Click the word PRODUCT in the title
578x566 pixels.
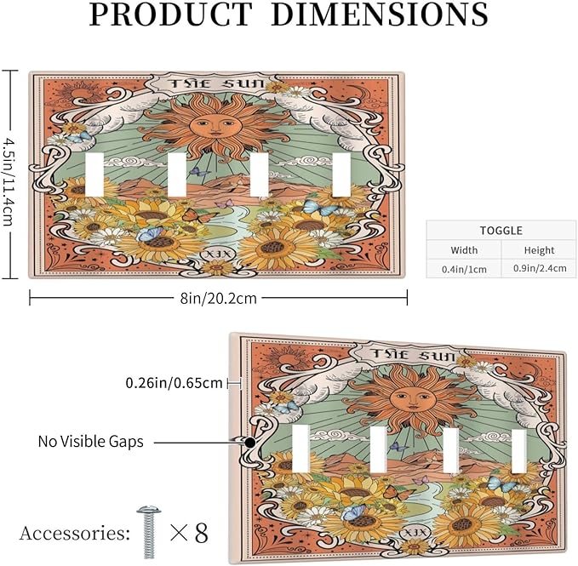(x=170, y=14)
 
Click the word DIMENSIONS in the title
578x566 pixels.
(x=380, y=14)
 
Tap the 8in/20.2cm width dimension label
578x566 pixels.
(x=218, y=298)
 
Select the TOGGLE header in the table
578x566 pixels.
(x=501, y=231)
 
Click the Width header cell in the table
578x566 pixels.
(x=464, y=250)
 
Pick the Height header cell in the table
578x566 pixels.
(x=540, y=250)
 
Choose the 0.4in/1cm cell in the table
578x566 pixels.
(x=464, y=269)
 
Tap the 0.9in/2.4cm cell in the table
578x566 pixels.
(x=540, y=268)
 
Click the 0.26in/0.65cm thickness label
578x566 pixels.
(x=174, y=383)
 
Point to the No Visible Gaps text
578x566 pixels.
(x=91, y=441)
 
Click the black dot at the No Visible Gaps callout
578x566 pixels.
(x=250, y=443)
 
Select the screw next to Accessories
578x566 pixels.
(x=149, y=532)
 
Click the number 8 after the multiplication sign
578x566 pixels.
(x=201, y=533)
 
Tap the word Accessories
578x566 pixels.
(x=74, y=534)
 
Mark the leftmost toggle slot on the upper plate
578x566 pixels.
(x=94, y=174)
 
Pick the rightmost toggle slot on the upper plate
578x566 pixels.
(x=341, y=174)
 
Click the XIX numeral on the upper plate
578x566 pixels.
(x=217, y=254)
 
